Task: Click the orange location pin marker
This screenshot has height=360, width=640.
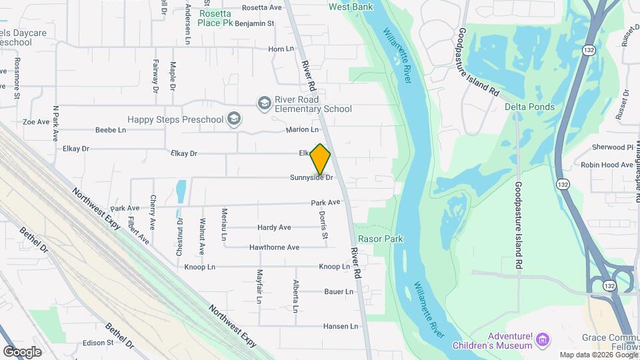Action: click(x=321, y=159)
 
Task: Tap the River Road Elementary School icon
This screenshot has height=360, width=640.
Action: click(x=264, y=103)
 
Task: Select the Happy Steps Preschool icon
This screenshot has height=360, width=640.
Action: click(x=233, y=119)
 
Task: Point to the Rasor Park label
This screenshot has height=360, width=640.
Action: click(x=381, y=238)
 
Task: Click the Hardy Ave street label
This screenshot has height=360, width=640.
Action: click(x=274, y=227)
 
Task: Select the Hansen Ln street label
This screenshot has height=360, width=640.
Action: click(x=341, y=326)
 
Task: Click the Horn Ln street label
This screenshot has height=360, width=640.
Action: click(x=281, y=49)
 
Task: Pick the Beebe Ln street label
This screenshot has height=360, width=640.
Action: click(x=111, y=130)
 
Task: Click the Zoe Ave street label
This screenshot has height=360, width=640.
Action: click(x=36, y=122)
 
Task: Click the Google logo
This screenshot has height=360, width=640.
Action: click(x=22, y=351)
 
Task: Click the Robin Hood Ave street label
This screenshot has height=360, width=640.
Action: click(x=607, y=165)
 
